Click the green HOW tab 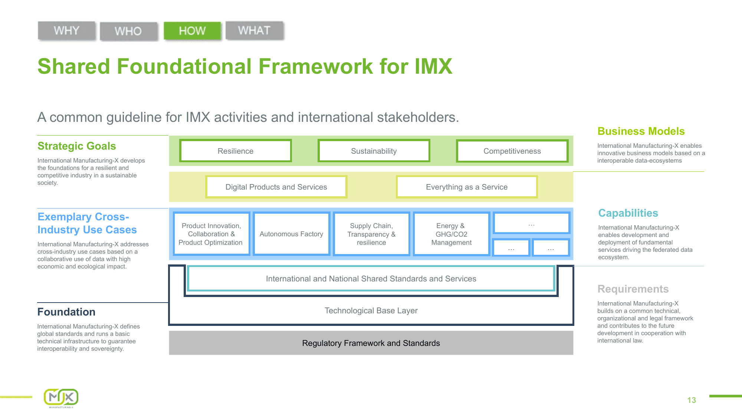tap(192, 31)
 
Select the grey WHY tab tap(67, 30)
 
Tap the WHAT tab tap(255, 30)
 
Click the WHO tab tap(128, 31)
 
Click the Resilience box tap(235, 151)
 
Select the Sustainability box tap(374, 151)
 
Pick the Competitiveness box tap(512, 151)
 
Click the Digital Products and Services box tap(276, 187)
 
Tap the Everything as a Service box tap(466, 187)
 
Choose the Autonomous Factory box tap(291, 234)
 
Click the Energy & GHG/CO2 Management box tap(451, 234)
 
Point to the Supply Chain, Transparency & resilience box tap(371, 234)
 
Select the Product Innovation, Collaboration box tap(211, 234)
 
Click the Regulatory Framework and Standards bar tap(371, 343)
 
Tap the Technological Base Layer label tap(371, 311)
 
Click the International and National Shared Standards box tap(371, 278)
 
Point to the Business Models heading tap(641, 131)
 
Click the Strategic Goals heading tap(77, 146)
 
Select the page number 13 tap(691, 400)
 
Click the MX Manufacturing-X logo tap(61, 398)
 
